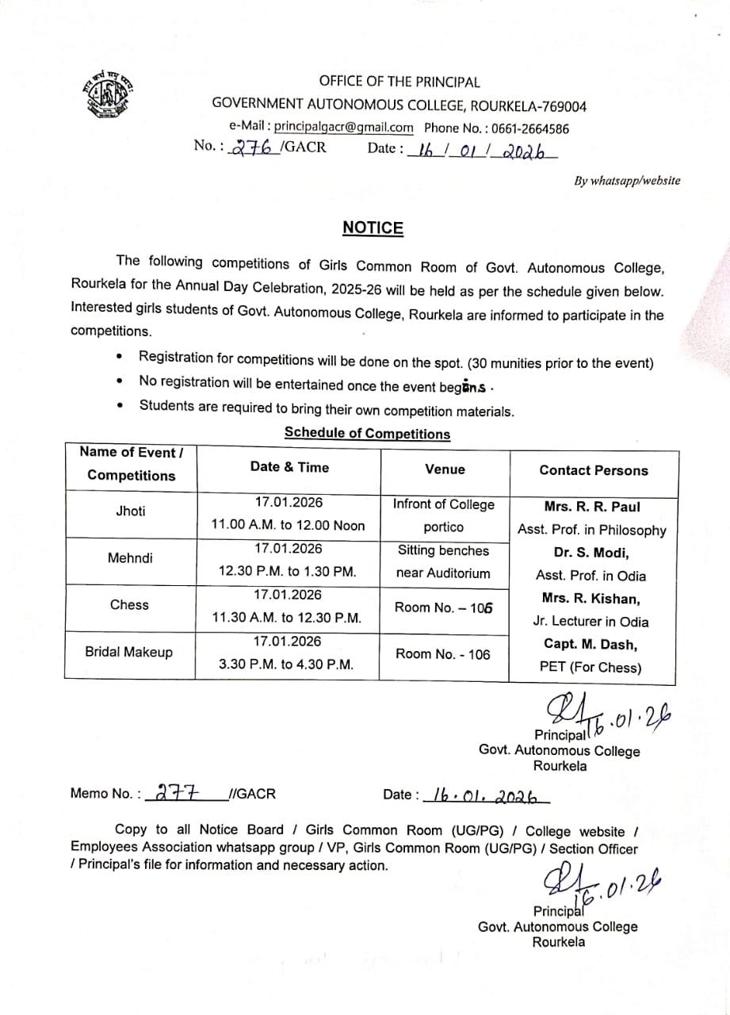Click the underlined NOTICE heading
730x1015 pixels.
pos(373,228)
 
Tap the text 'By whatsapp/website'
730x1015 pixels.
pos(627,181)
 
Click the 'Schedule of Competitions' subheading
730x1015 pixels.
pos(367,433)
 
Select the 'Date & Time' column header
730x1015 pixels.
pos(289,467)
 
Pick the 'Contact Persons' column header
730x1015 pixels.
pos(593,470)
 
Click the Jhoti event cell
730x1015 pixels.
pos(131,511)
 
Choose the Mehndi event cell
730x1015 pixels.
pos(130,558)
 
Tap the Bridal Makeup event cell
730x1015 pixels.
pos(128,652)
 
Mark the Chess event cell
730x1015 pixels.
pos(129,605)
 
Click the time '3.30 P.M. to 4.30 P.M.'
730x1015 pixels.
pos(286,665)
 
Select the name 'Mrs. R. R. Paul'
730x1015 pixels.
pos(592,507)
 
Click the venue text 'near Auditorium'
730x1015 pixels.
pos(444,573)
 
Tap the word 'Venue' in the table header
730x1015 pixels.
pos(445,469)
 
